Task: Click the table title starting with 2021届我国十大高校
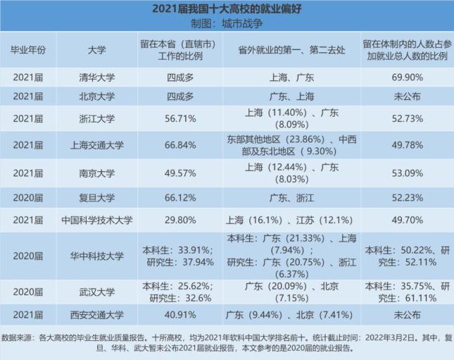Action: (227, 9)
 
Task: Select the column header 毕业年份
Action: (27, 51)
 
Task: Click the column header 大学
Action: (98, 51)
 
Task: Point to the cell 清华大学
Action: (98, 77)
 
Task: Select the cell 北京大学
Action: (98, 96)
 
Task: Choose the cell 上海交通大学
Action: (98, 145)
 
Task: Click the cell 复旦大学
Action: (98, 197)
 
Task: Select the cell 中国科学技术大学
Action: (98, 220)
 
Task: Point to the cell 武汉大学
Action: (98, 292)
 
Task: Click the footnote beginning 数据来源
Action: (227, 342)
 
